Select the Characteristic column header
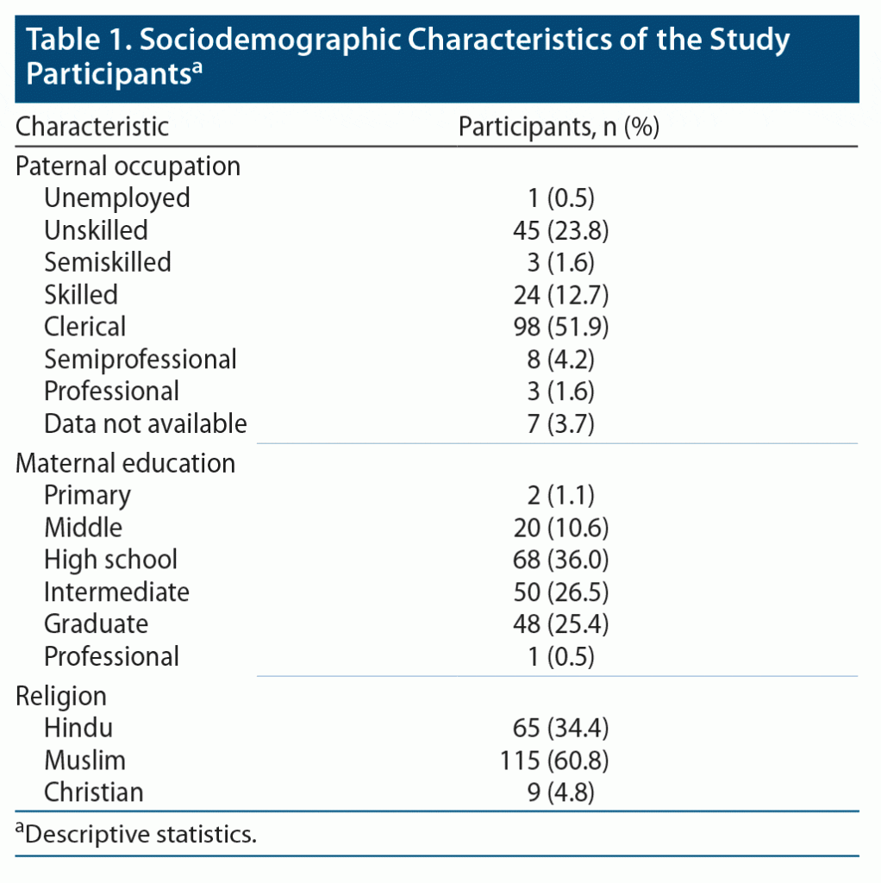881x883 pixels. [x=93, y=128]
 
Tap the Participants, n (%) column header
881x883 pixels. [x=559, y=128]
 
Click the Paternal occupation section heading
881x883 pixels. [x=128, y=166]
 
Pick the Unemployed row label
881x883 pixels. [x=117, y=197]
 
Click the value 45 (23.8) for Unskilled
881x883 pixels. [x=560, y=230]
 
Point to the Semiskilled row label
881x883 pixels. [x=108, y=262]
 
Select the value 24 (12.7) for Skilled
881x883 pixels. [x=560, y=295]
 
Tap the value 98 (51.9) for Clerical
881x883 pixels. [x=560, y=327]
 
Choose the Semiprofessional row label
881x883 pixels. [x=141, y=359]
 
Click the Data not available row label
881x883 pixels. [x=146, y=423]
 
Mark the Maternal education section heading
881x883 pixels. [x=126, y=463]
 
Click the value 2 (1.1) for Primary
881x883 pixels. [x=560, y=495]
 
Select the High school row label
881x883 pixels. [x=111, y=560]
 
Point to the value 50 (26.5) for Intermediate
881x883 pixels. [x=560, y=592]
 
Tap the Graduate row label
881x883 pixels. [x=97, y=624]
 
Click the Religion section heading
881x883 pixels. [x=61, y=696]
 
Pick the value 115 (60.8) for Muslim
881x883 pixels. [x=554, y=761]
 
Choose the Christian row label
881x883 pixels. [x=94, y=792]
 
